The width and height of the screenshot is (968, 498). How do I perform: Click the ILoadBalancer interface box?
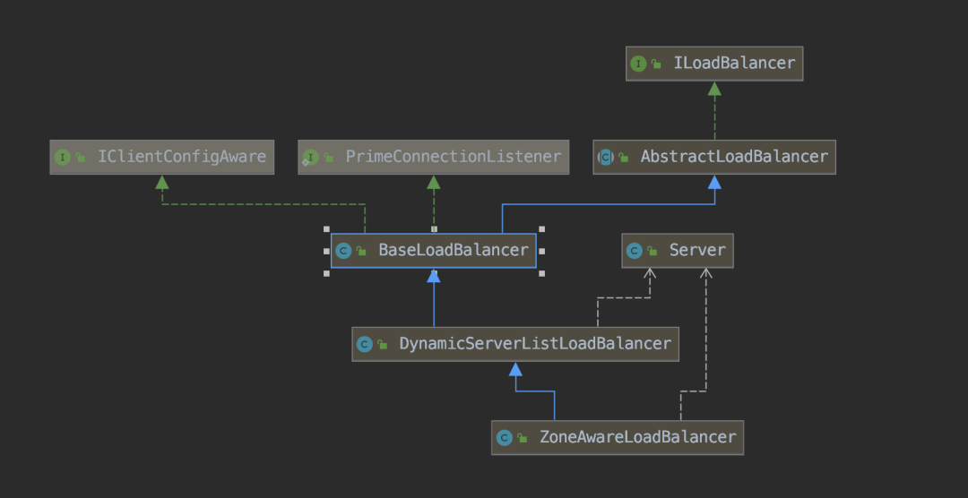tap(714, 64)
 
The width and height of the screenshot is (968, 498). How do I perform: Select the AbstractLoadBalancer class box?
tap(714, 157)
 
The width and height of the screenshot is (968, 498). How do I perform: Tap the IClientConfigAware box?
tap(161, 157)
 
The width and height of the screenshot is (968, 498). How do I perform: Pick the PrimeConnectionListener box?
tap(434, 157)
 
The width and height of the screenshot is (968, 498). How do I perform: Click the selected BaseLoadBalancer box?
tap(434, 251)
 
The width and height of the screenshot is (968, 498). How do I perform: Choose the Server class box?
tap(678, 251)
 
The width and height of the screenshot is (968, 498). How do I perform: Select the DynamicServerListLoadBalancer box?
tap(515, 344)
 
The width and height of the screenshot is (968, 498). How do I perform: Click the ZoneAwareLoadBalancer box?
tap(618, 437)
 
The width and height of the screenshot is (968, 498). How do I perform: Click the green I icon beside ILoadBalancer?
tap(638, 64)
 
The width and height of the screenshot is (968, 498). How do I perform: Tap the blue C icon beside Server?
tap(634, 251)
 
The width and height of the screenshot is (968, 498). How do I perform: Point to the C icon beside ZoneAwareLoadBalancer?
tap(505, 437)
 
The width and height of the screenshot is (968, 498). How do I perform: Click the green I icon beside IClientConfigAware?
tap(63, 157)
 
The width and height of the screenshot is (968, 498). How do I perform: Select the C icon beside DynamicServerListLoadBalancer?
tap(364, 344)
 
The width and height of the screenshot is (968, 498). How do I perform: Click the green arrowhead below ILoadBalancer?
tap(714, 89)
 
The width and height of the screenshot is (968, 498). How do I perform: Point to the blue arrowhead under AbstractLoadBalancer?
tap(714, 182)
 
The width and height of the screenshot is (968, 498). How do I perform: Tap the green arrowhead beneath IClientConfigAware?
tap(161, 182)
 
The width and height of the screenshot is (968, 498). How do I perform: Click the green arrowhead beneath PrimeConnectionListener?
tap(434, 182)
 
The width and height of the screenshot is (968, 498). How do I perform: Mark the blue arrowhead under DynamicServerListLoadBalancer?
tap(515, 369)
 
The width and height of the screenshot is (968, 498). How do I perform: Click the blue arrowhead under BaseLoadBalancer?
tap(434, 275)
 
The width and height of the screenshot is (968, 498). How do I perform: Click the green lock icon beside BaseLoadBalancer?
tap(361, 251)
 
